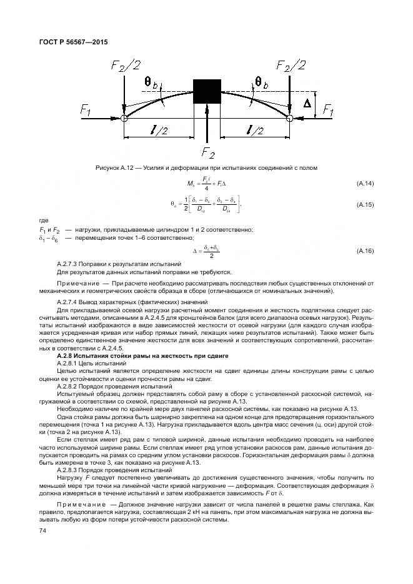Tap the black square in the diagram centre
coord(207,92)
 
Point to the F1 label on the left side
coord(86,111)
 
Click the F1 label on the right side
coord(327,111)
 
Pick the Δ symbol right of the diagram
coord(307,104)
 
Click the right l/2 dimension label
coord(255,129)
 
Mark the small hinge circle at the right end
coord(290,117)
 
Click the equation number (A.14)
coord(365,184)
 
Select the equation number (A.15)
coord(365,204)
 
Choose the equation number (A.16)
coord(365,250)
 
